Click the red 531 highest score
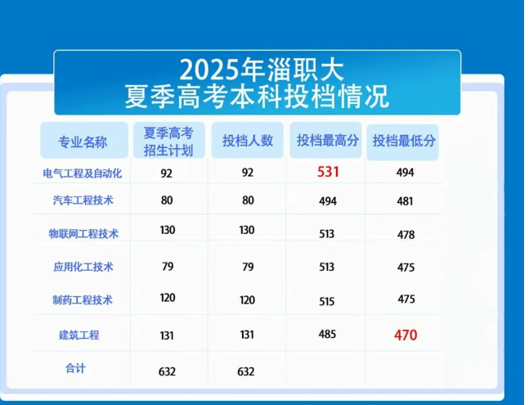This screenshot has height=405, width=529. (x=328, y=172)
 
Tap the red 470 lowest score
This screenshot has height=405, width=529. (x=406, y=335)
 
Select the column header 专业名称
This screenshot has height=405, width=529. (x=83, y=142)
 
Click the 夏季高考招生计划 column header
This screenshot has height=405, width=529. (x=168, y=142)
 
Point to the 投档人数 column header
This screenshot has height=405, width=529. (x=248, y=141)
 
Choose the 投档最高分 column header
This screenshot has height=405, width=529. (x=327, y=140)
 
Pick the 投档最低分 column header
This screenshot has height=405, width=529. (x=404, y=141)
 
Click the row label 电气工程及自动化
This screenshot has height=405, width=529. (x=83, y=173)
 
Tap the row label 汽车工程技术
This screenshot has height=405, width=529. (x=83, y=200)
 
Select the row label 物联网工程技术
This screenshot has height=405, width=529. (x=83, y=233)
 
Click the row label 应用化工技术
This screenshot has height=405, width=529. (x=83, y=267)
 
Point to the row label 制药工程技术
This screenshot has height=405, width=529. (x=83, y=299)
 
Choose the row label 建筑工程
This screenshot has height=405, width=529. (x=79, y=335)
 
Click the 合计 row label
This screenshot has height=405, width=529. (x=75, y=368)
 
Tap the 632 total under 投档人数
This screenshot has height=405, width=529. (x=246, y=371)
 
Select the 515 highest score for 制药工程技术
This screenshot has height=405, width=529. (x=326, y=301)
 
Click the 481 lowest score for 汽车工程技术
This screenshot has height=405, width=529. (x=405, y=201)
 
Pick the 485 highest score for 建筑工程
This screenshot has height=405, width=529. (x=327, y=334)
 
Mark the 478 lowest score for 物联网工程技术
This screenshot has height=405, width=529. (x=406, y=235)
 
